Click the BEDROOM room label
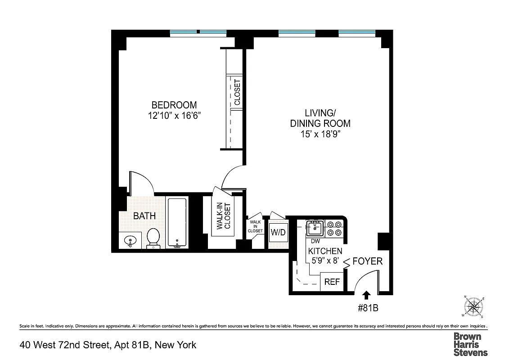point(174,105)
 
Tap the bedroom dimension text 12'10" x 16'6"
point(174,116)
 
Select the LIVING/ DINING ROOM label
point(320,118)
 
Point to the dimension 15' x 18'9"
point(320,134)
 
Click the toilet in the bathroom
point(153,237)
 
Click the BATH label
point(144,216)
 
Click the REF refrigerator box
point(332,282)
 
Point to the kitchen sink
point(315,228)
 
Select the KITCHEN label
point(325,251)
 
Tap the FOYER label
point(367,261)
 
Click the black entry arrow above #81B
point(366,295)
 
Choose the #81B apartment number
point(367,308)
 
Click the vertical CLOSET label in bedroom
point(237,92)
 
